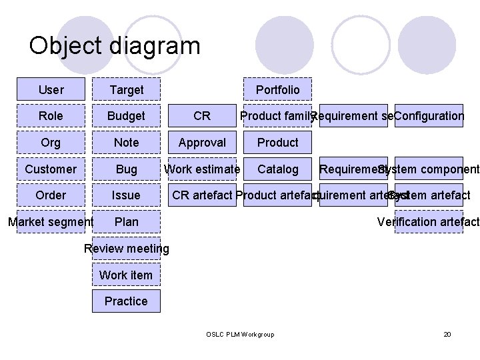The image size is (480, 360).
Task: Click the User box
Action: pos(51,89)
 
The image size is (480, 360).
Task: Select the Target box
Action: pos(126,89)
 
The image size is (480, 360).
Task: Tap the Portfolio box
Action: pos(277,89)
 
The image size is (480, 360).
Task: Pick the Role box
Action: pos(51,116)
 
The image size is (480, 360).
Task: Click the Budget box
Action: pos(126,116)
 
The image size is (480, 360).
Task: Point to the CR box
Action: pos(202,116)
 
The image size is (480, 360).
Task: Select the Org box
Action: pos(51,142)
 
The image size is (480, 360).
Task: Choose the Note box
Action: pos(126,142)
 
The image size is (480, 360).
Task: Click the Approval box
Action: pos(202,142)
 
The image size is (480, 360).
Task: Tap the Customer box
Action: pos(51,169)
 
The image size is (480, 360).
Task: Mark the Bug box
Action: pos(126,169)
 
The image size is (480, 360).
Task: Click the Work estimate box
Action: pos(202,169)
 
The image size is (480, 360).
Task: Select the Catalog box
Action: pos(277,169)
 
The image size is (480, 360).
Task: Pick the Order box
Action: pos(51,195)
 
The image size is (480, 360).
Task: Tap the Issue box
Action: pos(126,195)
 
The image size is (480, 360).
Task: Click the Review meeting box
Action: pos(126,249)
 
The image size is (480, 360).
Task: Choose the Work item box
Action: pos(126,275)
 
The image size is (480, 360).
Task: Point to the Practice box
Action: pos(126,301)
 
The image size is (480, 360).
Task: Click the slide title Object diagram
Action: pos(114,46)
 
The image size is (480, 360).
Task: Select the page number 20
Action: pos(447,333)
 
